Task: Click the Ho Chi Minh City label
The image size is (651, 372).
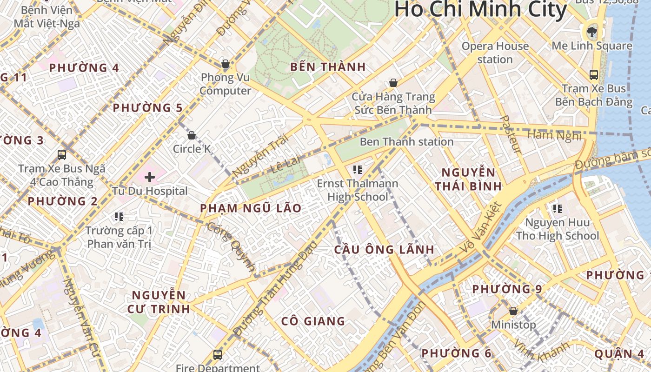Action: (x=481, y=9)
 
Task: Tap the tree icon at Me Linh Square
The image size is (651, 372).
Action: (x=591, y=32)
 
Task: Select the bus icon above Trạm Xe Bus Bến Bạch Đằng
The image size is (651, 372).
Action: (x=593, y=74)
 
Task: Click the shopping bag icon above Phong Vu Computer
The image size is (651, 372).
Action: (x=226, y=63)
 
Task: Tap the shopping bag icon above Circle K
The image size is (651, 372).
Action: (x=191, y=135)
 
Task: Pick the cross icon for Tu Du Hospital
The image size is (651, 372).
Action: (x=150, y=177)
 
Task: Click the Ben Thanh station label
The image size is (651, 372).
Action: (x=406, y=142)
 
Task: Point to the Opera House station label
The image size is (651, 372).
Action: (x=495, y=53)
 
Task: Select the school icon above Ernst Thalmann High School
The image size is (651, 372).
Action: (x=357, y=170)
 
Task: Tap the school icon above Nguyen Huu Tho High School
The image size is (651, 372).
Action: (x=557, y=209)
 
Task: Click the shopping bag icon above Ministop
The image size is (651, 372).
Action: (x=513, y=311)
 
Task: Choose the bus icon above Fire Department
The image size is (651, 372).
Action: (x=217, y=354)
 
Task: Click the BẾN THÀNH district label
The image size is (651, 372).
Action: (x=328, y=67)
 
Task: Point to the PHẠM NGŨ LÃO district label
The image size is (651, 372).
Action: (x=251, y=208)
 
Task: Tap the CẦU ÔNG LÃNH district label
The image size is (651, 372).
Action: (x=384, y=250)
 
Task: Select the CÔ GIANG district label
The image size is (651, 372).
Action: (x=313, y=321)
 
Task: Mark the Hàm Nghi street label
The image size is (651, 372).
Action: (x=554, y=136)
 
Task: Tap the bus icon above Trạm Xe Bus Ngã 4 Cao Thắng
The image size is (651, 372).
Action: (x=62, y=154)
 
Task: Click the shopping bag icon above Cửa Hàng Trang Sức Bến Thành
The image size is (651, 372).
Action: (x=393, y=83)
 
